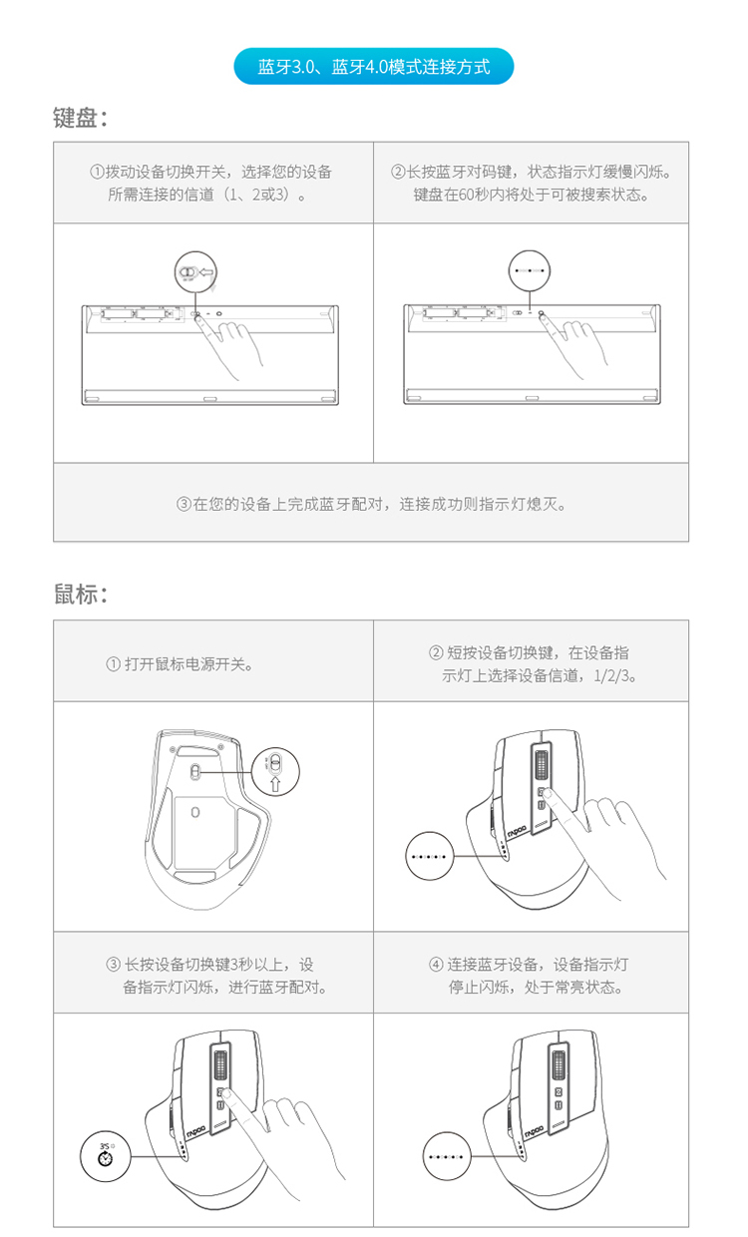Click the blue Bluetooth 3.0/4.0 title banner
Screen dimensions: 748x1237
point(374,66)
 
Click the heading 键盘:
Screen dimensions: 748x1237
point(80,118)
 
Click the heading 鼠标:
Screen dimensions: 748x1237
point(81,595)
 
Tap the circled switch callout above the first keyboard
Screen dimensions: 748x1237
point(195,271)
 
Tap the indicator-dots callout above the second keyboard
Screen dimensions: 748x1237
point(530,270)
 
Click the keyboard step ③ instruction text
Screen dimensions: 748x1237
point(371,504)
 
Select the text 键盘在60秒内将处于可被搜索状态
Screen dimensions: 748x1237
point(531,195)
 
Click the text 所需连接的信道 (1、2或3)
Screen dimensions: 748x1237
point(207,195)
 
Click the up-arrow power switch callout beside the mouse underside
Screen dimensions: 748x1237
point(275,771)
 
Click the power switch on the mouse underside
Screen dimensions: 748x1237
point(194,772)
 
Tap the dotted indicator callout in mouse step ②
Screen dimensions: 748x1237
point(430,857)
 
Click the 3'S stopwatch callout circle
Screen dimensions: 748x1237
point(106,1156)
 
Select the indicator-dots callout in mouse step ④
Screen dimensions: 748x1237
point(447,1156)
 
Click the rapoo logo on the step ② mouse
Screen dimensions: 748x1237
point(518,831)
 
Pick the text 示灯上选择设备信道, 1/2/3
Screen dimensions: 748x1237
point(539,675)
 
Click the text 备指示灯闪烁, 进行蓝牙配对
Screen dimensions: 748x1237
point(224,987)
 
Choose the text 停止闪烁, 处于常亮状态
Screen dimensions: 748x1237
point(536,987)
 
